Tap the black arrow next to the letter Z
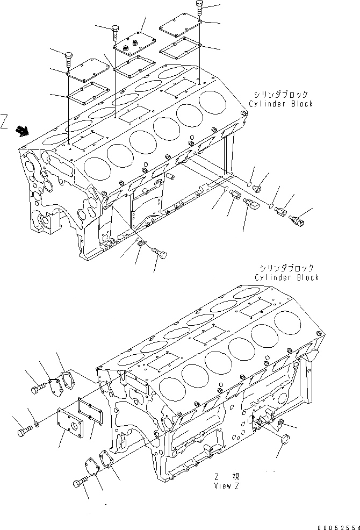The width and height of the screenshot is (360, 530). [x=23, y=130]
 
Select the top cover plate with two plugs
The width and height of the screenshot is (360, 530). [x=133, y=44]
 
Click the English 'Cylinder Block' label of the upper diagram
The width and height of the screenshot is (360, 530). [x=280, y=104]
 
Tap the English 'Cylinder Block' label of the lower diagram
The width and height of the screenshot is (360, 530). [x=286, y=277]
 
